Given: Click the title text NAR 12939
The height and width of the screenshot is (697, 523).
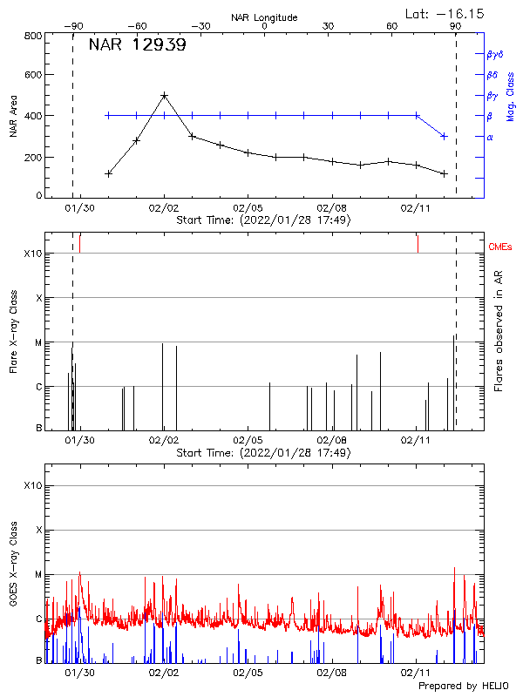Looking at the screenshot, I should coord(137,45).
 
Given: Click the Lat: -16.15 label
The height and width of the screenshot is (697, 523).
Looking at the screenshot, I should coord(445,13).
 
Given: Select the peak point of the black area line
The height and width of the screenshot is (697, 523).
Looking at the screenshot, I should coord(164,95).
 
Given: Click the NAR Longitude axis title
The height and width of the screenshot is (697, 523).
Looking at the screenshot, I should coord(264,17).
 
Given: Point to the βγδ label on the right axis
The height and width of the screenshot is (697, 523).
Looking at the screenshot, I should coord(495,54).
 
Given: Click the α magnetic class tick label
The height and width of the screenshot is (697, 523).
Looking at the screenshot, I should coord(489,137).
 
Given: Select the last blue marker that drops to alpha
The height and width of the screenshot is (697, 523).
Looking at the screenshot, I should coord(445,136).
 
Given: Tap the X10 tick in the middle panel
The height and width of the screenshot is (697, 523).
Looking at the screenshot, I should coord(33,254).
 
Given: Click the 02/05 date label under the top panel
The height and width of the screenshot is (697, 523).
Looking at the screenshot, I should coord(248,208).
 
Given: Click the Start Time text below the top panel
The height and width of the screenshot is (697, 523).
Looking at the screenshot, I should coord(263,220).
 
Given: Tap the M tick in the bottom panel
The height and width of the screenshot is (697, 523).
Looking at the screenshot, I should coord(37,575).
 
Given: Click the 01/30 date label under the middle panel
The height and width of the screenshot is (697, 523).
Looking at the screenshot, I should coord(80,441).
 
